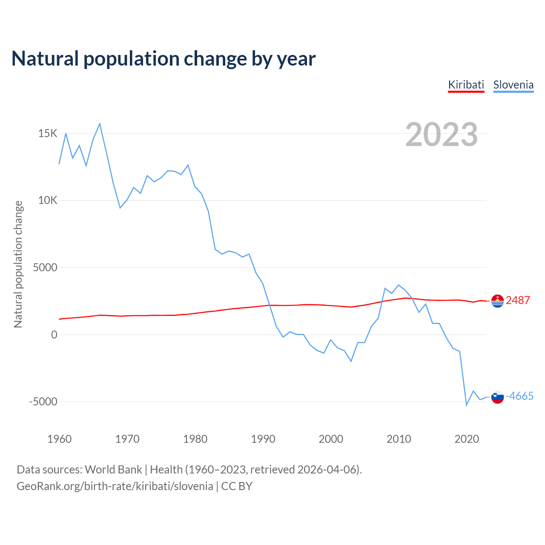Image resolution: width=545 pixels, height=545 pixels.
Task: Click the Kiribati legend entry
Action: coord(466,85)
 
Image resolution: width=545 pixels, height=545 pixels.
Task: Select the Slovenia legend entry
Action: coord(513,85)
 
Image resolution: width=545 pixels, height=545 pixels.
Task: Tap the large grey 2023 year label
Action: coord(442,135)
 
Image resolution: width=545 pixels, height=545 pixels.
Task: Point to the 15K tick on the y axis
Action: coord(48,134)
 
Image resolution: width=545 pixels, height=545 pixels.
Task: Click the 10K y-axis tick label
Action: coord(48,201)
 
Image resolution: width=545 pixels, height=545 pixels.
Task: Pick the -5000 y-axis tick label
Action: coord(43,402)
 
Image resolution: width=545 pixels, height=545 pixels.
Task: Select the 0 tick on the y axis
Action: coord(54,335)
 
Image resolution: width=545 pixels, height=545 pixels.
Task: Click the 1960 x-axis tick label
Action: coord(60,439)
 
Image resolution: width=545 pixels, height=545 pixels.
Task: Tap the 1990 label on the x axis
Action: coord(263,439)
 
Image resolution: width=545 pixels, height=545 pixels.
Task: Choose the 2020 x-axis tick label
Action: coord(467,439)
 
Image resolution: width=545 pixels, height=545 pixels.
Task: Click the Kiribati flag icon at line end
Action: coord(497,301)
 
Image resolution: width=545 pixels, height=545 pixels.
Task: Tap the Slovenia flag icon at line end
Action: coord(497,397)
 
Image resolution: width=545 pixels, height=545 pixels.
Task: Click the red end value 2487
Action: coord(518,301)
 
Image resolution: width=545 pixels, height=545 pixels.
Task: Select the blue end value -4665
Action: coord(519,396)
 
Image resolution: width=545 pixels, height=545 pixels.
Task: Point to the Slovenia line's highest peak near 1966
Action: coord(100,124)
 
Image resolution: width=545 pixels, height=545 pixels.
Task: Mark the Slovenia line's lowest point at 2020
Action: coord(467,405)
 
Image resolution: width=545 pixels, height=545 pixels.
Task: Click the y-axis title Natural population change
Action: coord(18,264)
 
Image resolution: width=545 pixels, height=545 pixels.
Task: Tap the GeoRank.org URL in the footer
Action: coord(115,486)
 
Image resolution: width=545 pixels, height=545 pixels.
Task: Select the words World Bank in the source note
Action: coord(113,470)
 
